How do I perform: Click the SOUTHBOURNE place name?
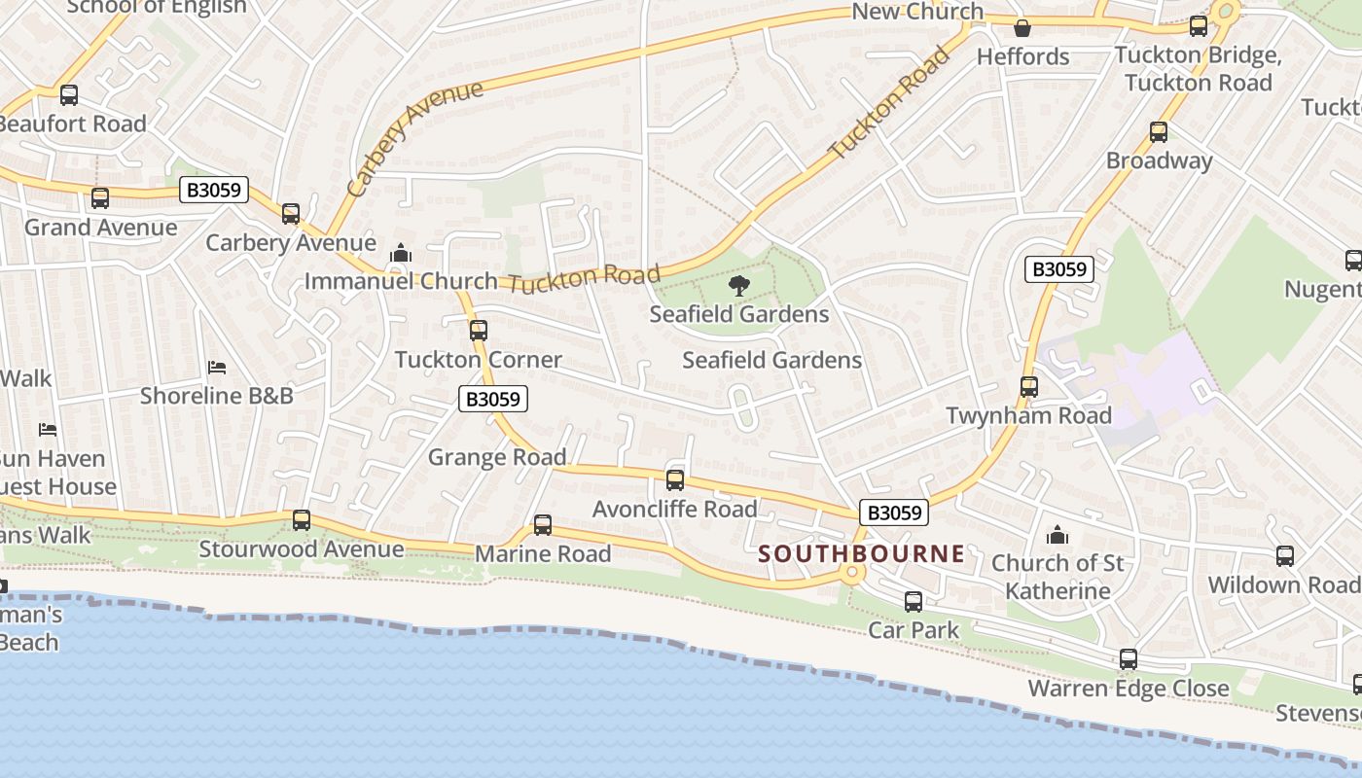[861, 554]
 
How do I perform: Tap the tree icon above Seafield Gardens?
[739, 286]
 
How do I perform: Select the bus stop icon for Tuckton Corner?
[478, 330]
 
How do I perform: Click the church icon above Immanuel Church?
[401, 254]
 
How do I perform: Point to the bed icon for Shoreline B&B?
[217, 368]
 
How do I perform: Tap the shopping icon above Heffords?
[1022, 28]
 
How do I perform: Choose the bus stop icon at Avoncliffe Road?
[675, 479]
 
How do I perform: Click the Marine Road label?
[543, 554]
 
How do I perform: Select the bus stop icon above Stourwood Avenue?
[302, 520]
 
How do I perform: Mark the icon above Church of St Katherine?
[1057, 535]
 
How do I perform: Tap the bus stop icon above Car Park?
[914, 602]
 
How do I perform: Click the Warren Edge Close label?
[1129, 690]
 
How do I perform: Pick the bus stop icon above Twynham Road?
[1029, 387]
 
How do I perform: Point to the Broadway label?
[1159, 160]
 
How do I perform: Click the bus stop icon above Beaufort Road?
[69, 95]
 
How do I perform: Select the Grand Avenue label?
[101, 228]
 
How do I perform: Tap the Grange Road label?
[497, 457]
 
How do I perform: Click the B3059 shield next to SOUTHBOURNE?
[894, 513]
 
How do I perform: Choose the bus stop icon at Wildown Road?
[1285, 556]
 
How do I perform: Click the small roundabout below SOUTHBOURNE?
[853, 573]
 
